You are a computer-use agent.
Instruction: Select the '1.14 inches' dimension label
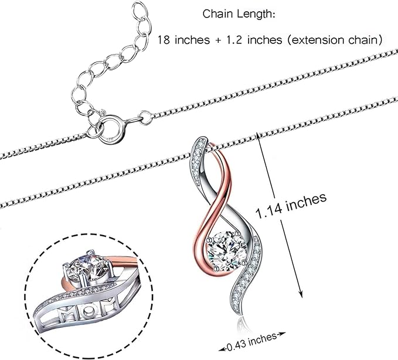(291, 206)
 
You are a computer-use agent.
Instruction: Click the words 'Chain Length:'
(239, 14)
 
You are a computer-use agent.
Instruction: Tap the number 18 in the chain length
(164, 40)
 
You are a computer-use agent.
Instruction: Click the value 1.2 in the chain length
(232, 40)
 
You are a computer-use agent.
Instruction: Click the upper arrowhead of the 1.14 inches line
(258, 135)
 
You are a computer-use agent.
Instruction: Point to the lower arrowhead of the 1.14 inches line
(301, 294)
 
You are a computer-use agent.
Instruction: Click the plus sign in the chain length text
(218, 40)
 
